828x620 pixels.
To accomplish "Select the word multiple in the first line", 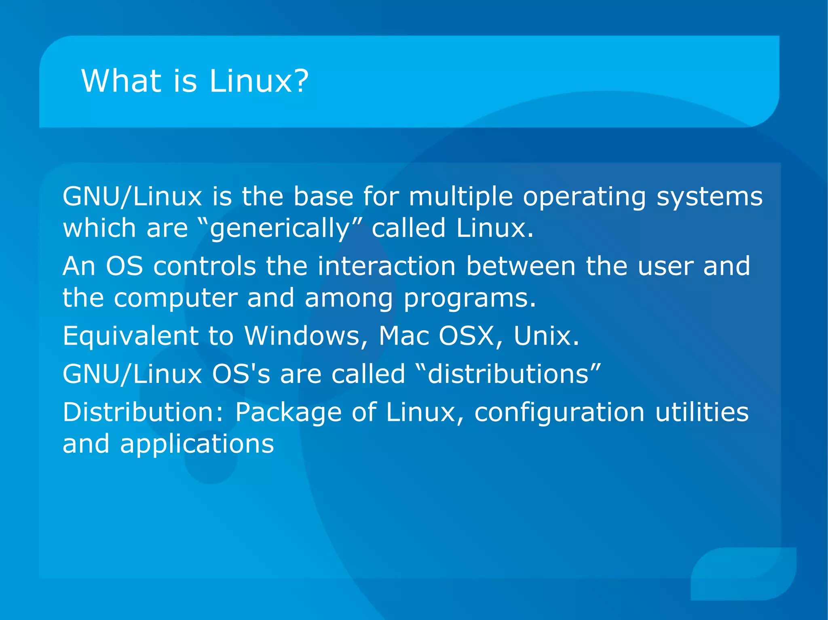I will click(460, 197).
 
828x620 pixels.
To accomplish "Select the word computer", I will click(175, 298).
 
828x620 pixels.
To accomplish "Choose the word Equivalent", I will click(130, 336).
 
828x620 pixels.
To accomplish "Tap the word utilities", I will click(702, 412).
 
